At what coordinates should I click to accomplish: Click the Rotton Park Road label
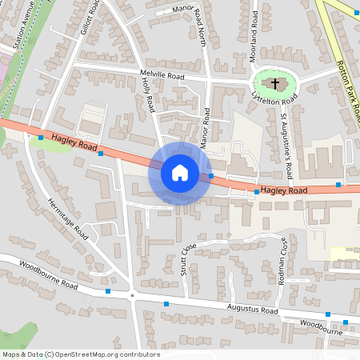click(346, 89)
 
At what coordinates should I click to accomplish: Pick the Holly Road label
click(148, 97)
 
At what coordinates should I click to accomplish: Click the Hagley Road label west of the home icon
click(74, 143)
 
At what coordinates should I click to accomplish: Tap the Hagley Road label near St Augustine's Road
click(284, 191)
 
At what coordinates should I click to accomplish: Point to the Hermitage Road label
click(68, 218)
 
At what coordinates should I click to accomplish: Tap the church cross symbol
click(274, 83)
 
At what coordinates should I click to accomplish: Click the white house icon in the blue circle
click(179, 173)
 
